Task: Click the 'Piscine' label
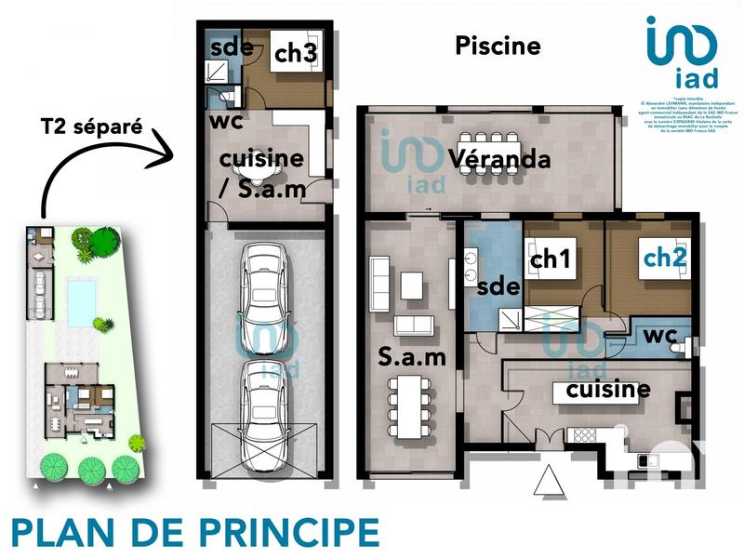point(498,46)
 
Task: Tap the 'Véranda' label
point(499,159)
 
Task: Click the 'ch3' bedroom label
point(296,54)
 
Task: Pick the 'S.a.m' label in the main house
point(410,356)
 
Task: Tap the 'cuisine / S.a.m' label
point(261,173)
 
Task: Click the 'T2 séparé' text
point(91,126)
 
